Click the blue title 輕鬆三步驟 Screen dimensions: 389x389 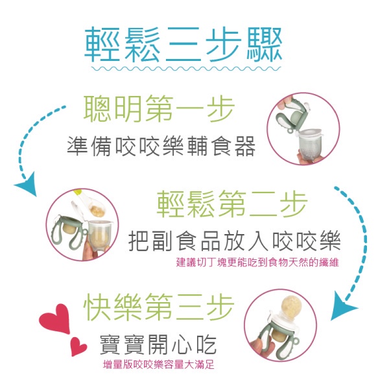(183, 44)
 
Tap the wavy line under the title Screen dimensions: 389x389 (186, 68)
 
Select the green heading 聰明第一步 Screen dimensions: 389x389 (159, 109)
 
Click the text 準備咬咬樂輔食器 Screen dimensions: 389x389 (161, 147)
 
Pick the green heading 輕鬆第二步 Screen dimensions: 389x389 (233, 204)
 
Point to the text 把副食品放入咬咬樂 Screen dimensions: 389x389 (235, 241)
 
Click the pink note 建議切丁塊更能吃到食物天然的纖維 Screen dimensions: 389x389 (257, 262)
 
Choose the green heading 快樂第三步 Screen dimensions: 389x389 (159, 307)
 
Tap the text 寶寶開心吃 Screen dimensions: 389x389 (158, 344)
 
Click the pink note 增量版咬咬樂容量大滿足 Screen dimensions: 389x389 (159, 364)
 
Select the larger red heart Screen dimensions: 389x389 (55, 318)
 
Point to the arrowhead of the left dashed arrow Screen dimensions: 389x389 (27, 184)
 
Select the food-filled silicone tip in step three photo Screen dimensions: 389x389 (291, 307)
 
